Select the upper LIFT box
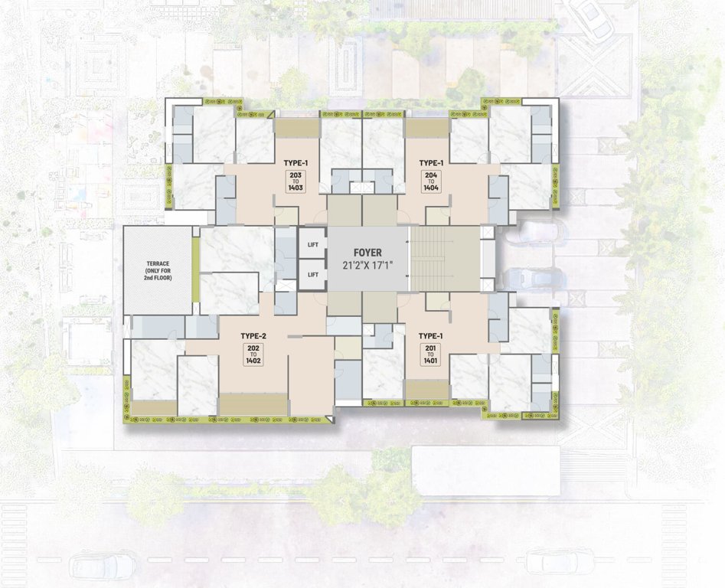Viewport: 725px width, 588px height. (x=312, y=245)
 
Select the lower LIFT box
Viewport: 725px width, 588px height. (x=312, y=274)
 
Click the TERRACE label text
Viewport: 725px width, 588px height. (x=158, y=265)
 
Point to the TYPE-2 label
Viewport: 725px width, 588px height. (x=253, y=335)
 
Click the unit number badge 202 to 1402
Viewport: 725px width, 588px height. (x=253, y=354)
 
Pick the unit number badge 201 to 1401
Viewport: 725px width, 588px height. (x=431, y=354)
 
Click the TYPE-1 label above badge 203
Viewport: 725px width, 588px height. (x=296, y=163)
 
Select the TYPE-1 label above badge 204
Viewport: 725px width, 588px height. (x=431, y=163)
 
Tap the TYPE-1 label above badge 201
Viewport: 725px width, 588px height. (x=431, y=335)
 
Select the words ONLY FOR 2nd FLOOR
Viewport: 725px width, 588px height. (x=158, y=274)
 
